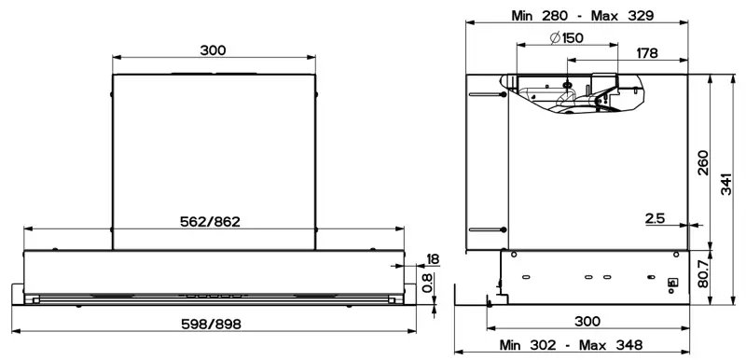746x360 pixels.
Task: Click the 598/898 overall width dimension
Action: (x=212, y=325)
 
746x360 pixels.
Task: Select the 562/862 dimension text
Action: (x=210, y=222)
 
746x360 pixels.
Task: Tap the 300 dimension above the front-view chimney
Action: (x=213, y=50)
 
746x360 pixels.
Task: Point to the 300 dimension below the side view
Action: (x=587, y=322)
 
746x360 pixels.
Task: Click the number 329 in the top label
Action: (x=641, y=16)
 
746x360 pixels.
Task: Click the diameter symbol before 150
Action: (x=555, y=38)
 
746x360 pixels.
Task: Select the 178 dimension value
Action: (x=647, y=53)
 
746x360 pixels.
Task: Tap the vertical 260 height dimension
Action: (x=703, y=162)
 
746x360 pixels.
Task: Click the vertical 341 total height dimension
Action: (x=725, y=183)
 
